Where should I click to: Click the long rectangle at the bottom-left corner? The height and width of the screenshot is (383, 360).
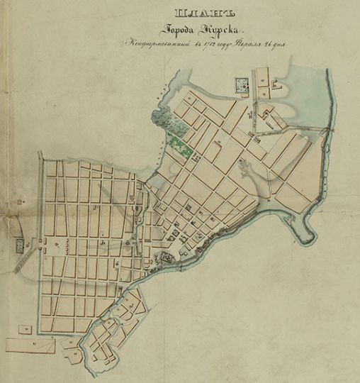point(33,345)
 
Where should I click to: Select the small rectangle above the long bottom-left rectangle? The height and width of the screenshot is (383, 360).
point(26,328)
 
